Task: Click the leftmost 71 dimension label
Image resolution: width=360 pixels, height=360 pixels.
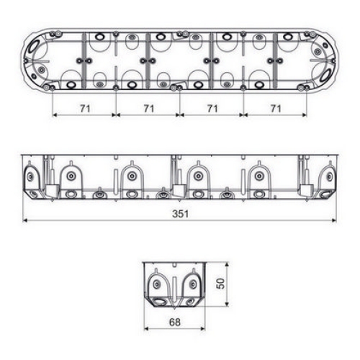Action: tap(85, 109)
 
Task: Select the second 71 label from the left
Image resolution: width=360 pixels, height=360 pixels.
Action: tap(149, 109)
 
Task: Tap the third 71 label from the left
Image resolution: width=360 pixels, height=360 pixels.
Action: tap(212, 109)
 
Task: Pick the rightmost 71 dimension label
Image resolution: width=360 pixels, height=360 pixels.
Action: tap(276, 109)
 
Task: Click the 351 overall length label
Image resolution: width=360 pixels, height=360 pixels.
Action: tap(181, 214)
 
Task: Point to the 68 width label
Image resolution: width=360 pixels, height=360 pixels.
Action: tap(175, 322)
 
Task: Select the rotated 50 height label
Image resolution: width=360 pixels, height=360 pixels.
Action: tap(220, 284)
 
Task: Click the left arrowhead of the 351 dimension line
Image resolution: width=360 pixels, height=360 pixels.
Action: tap(25, 220)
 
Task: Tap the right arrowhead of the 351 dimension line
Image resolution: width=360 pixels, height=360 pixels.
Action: tap(333, 220)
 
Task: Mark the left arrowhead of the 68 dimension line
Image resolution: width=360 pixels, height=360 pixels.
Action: tap(147, 328)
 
